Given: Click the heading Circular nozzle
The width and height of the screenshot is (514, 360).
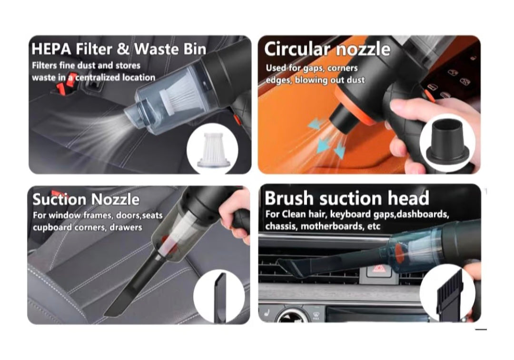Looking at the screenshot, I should (327, 49).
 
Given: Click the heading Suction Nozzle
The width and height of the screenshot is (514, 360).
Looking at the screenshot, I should (86, 199).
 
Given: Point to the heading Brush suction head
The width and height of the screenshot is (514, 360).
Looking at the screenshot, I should (346, 198).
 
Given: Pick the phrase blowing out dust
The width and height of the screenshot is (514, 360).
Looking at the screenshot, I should (329, 80).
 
